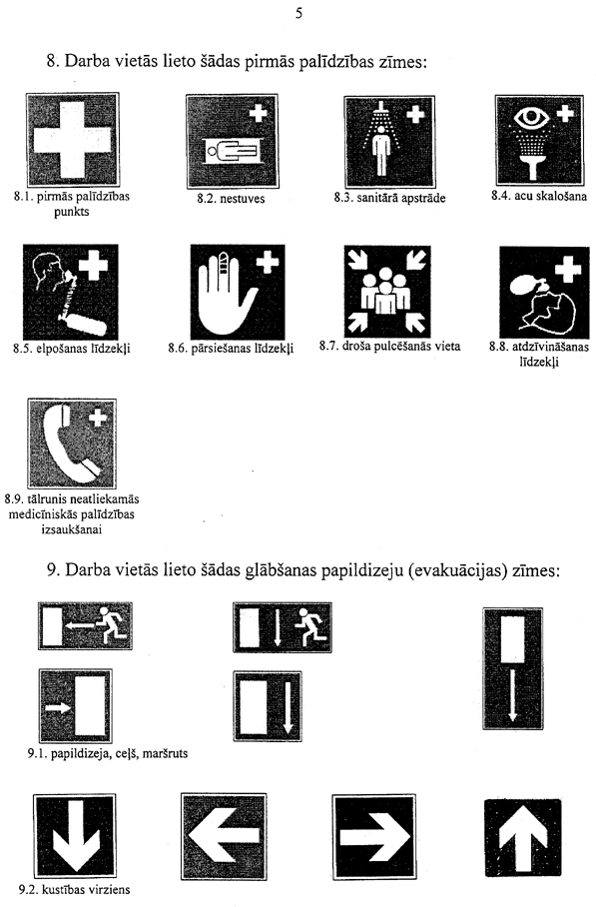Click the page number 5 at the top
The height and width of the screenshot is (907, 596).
298,13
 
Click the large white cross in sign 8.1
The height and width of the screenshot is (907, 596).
72,139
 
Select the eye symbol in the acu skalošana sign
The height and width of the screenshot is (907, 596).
534,118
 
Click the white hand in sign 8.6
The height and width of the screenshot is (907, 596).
225,294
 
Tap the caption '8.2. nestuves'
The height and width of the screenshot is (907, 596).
231,199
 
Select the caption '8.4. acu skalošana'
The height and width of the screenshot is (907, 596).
539,196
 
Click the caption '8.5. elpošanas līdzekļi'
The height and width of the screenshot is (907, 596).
72,349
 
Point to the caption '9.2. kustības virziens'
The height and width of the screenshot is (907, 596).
74,889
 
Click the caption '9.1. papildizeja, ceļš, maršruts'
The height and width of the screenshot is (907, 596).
108,753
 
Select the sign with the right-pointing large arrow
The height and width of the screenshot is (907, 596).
374,837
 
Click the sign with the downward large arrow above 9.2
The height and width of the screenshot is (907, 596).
75,836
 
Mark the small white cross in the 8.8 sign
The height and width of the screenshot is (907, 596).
568,269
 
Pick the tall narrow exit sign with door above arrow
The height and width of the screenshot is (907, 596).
513,668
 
